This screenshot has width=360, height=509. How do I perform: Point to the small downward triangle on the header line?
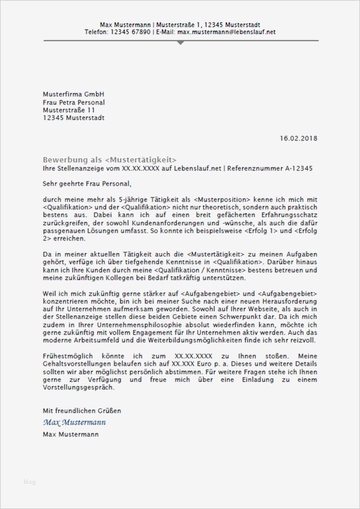click(180, 43)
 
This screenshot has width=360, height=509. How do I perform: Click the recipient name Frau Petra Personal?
click(74, 102)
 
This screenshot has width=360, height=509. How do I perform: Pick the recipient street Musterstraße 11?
click(69, 110)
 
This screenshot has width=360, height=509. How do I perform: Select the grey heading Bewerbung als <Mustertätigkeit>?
click(110, 159)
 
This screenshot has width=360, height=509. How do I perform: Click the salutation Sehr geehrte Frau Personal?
click(86, 183)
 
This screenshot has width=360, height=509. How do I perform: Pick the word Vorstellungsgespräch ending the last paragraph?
click(78, 387)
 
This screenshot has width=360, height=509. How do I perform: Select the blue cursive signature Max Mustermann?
click(74, 422)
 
